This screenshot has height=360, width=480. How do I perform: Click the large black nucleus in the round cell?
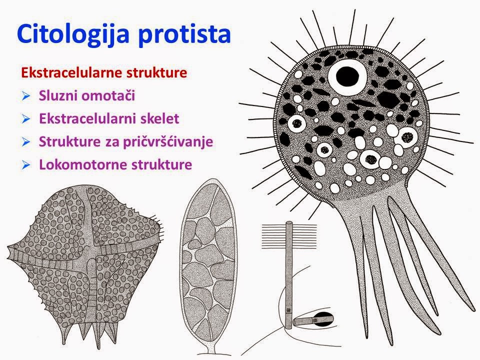point(347,76)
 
